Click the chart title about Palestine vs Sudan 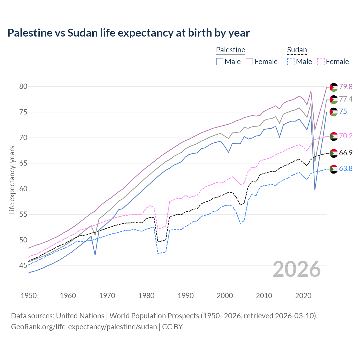click(129, 33)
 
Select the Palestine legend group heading click(231, 50)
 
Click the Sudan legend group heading click(297, 50)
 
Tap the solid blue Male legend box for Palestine click(220, 62)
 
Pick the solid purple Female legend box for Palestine click(249, 62)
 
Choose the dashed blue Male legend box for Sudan click(291, 62)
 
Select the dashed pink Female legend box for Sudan click(321, 62)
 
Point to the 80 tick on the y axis click(23, 86)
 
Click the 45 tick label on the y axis click(23, 265)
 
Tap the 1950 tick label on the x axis click(29, 296)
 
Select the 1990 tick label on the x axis click(186, 296)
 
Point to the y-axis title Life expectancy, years click(12, 180)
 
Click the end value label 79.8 click(346, 87)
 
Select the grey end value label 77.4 click(346, 99)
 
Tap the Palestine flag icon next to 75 click(334, 112)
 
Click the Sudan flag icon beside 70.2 click(334, 136)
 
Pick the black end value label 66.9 click(346, 153)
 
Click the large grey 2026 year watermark click(297, 269)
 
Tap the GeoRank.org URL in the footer click(84, 327)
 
